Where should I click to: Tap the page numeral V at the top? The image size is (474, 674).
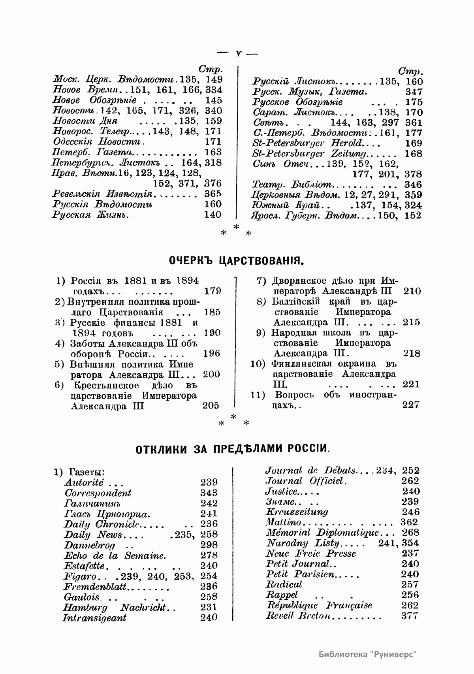pyautogui.click(x=238, y=53)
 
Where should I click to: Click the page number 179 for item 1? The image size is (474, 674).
pyautogui.click(x=213, y=292)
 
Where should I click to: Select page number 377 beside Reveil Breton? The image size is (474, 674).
pyautogui.click(x=409, y=616)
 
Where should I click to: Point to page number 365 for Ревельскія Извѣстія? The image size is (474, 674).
pyautogui.click(x=213, y=194)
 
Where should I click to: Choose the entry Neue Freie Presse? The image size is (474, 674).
pyautogui.click(x=311, y=554)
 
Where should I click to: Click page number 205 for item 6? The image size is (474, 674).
pyautogui.click(x=211, y=405)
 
